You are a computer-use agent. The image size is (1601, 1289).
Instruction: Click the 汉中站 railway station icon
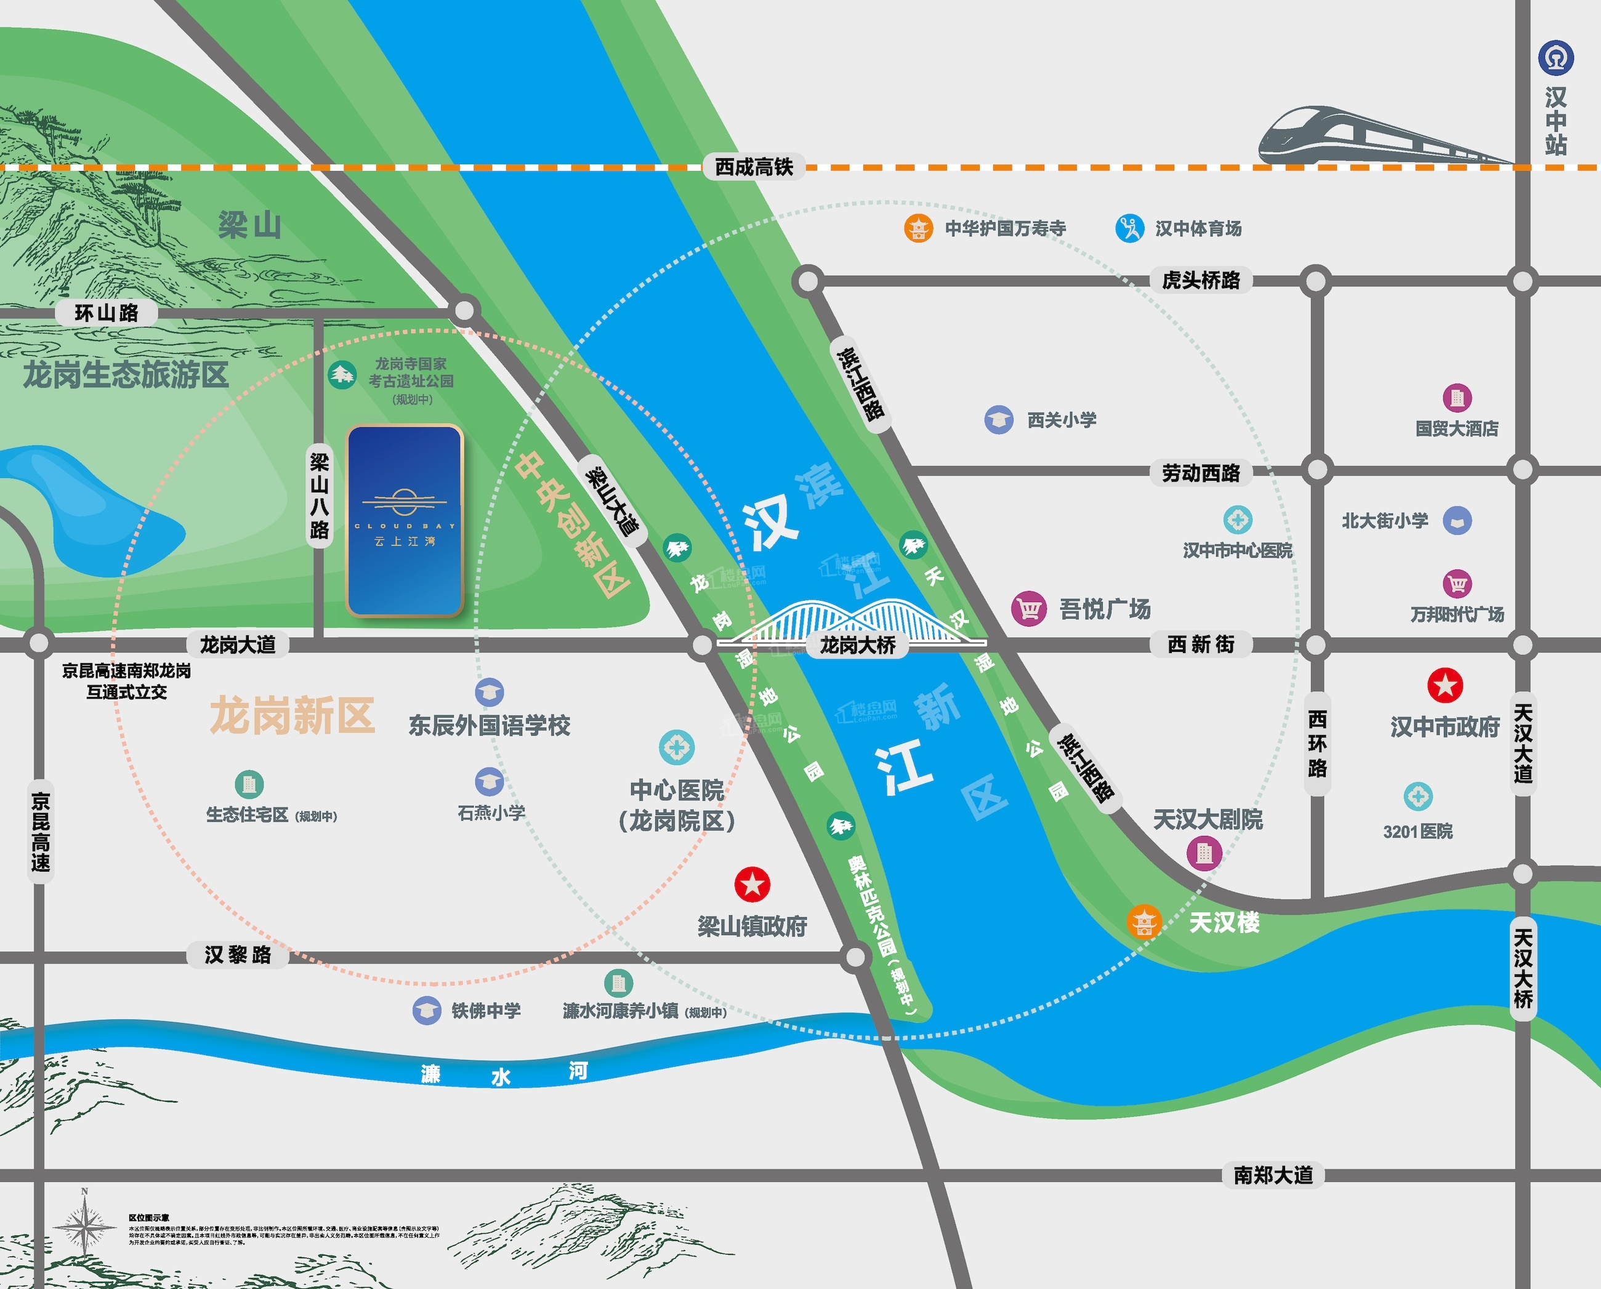tap(1555, 58)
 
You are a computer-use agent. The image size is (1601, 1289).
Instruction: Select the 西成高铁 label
tap(754, 167)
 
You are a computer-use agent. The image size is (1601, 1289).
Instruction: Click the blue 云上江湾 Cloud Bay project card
tap(405, 521)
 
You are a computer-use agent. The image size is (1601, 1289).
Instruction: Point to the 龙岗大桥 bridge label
tap(858, 644)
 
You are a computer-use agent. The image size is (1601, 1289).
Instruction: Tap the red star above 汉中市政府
tap(1445, 685)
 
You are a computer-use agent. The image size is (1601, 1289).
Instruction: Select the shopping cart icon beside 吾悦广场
tap(1028, 609)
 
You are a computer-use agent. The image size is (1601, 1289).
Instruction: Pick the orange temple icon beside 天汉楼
tap(1143, 922)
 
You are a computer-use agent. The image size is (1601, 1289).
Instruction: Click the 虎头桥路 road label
tap(1201, 280)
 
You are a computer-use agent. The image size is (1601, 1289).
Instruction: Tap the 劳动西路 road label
tap(1201, 473)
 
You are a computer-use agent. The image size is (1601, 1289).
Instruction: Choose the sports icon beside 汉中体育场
tap(1129, 228)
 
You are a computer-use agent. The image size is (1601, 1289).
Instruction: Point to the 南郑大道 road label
tap(1273, 1175)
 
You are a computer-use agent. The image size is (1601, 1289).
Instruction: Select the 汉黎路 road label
tap(238, 955)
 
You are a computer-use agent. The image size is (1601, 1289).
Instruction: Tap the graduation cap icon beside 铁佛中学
tap(426, 1011)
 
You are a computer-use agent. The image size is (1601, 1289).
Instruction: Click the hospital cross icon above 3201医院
tap(1418, 797)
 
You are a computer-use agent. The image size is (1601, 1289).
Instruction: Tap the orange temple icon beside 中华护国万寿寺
tap(918, 228)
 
